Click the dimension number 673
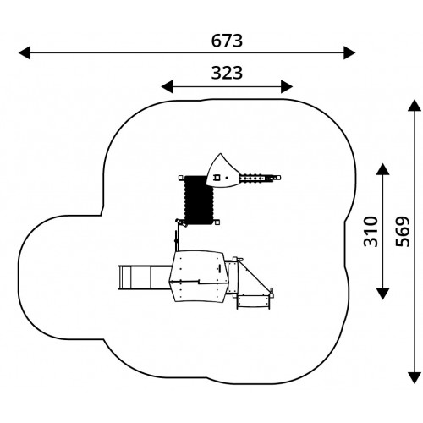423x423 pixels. tap(227, 41)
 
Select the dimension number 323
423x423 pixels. tap(227, 73)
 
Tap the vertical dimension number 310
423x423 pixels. tap(371, 232)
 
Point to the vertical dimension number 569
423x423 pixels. tap(403, 232)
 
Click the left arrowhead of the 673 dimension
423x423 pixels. tap(25, 52)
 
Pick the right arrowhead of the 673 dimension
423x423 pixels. tap(349, 52)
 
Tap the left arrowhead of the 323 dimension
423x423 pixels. tap(167, 86)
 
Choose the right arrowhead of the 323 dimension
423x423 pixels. tap(287, 86)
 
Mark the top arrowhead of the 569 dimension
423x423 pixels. tap(415, 106)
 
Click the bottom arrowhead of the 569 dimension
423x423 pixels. tap(415, 377)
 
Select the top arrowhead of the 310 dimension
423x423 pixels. tap(382, 169)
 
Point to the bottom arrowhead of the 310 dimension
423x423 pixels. tap(382, 294)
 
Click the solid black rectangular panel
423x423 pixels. tap(199, 200)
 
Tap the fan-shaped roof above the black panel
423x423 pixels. tap(222, 171)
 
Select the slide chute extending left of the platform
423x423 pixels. tap(146, 277)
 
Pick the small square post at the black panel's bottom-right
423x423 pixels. tap(217, 222)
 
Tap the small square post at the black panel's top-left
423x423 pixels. tap(181, 178)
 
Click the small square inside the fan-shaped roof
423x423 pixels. tap(217, 178)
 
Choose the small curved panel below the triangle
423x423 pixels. tap(253, 302)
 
